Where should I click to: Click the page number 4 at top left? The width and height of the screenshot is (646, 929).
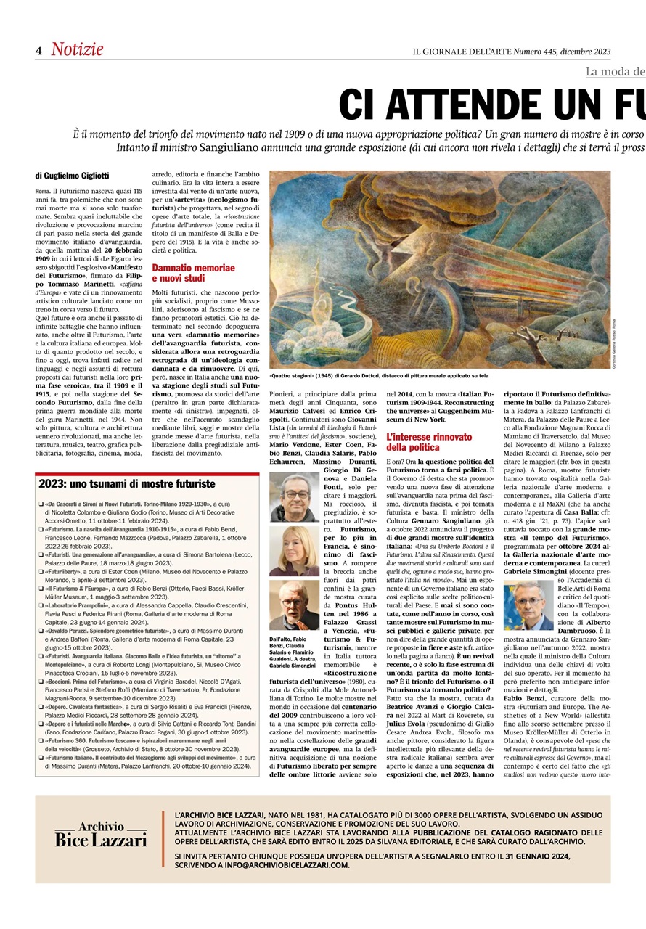(39, 51)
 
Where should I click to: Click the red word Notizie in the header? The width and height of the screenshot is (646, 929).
(77, 49)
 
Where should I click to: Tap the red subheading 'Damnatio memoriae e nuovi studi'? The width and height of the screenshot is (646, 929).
(193, 273)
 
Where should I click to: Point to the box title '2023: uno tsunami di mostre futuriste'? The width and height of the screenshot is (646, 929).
(127, 483)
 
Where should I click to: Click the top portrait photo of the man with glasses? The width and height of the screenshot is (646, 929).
(294, 497)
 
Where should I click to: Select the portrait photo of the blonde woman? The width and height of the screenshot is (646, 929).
(294, 551)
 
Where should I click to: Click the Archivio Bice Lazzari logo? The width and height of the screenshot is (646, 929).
(102, 835)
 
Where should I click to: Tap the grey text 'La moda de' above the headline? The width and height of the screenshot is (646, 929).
(615, 71)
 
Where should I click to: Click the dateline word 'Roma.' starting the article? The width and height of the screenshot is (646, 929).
(43, 190)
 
